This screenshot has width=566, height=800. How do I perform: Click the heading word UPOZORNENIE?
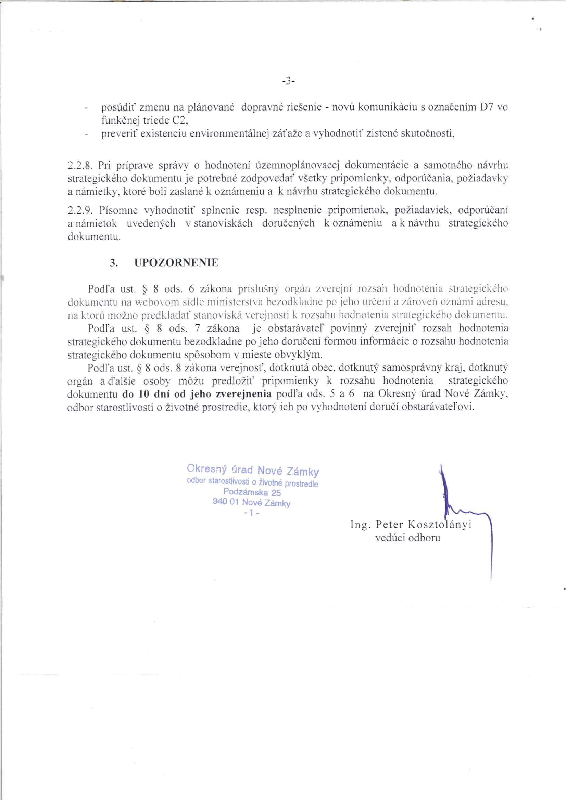176,263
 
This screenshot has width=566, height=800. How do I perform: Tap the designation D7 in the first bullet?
486,107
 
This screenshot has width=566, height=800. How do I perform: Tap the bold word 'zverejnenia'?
244,394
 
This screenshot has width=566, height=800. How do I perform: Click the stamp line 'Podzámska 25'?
252,493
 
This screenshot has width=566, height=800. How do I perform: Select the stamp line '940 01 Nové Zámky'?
251,503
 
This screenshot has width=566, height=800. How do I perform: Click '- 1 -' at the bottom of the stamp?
251,513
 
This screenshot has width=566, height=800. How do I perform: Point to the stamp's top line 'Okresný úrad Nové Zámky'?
253,470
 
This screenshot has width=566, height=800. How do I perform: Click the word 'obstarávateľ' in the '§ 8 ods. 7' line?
293,328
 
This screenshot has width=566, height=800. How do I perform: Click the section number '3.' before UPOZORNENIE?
113,263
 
